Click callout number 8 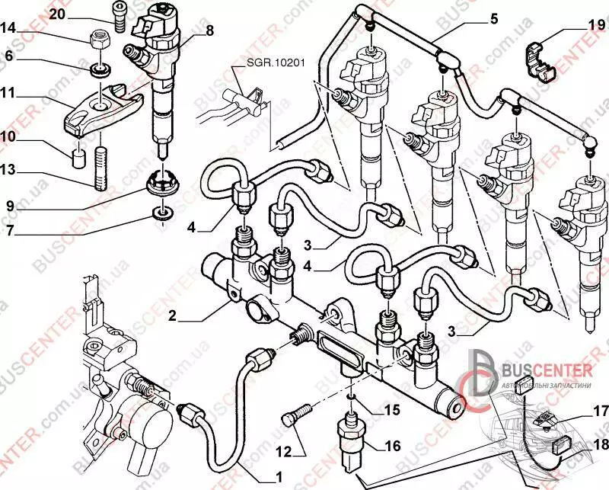point(209,31)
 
